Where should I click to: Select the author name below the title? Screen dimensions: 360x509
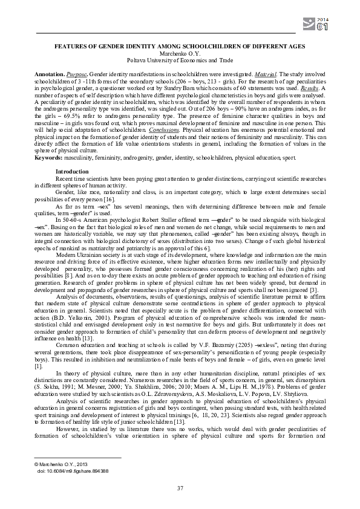pyautogui.click(x=180, y=53)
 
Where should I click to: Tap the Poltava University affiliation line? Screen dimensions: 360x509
pyautogui.click(x=180, y=60)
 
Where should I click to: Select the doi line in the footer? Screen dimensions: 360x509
pyautogui.click(x=73, y=469)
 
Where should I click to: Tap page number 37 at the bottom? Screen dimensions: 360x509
pyautogui.click(x=180, y=488)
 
